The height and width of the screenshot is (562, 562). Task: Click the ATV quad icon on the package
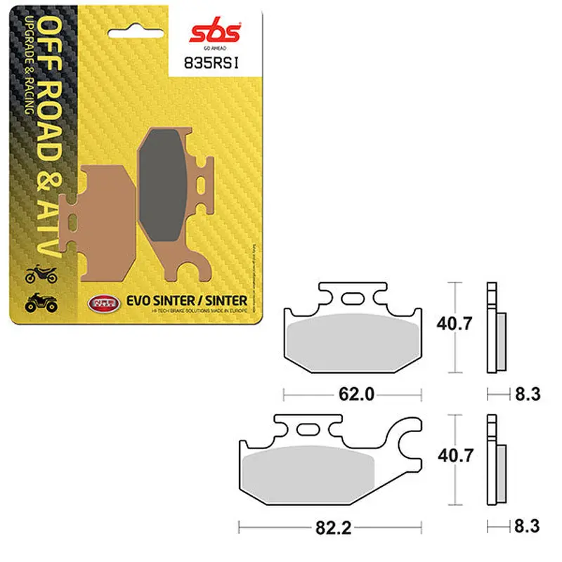(40, 303)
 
